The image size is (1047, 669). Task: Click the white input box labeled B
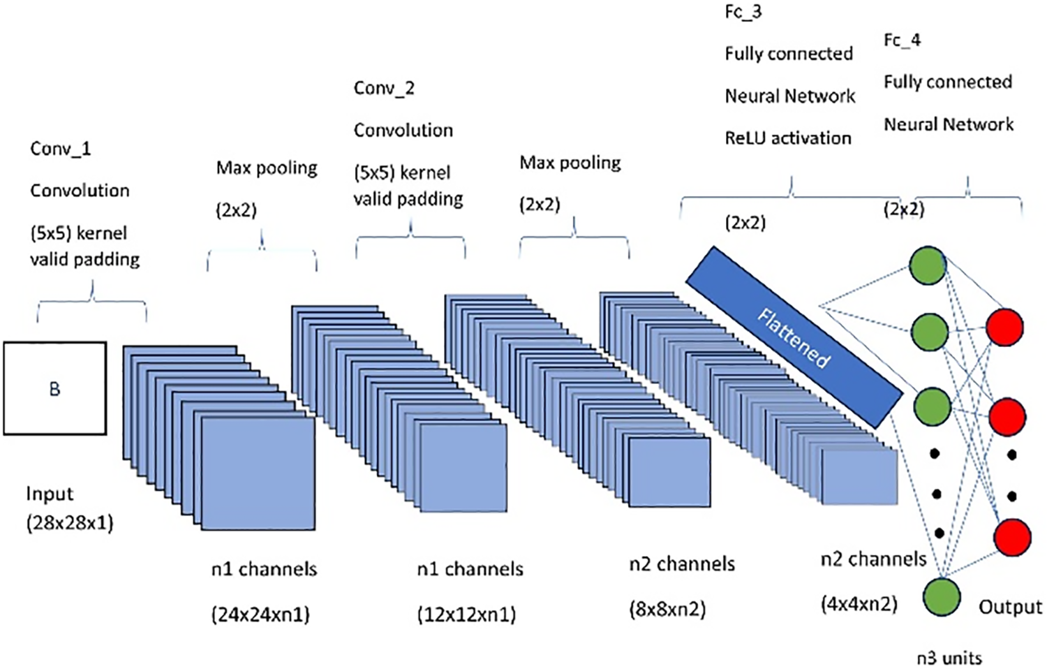(55, 388)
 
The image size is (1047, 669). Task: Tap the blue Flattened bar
(794, 337)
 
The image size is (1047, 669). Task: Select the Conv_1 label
(60, 149)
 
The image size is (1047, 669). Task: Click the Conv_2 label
(384, 88)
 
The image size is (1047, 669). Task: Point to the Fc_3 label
(743, 12)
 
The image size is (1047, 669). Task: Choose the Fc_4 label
(902, 40)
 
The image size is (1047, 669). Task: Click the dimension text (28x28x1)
(70, 523)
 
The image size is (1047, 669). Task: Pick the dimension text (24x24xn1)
(260, 615)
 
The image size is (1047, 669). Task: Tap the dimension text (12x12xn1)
(466, 615)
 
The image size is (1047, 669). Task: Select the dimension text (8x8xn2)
(667, 610)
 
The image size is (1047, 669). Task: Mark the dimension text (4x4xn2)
(859, 604)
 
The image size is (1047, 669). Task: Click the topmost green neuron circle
(928, 265)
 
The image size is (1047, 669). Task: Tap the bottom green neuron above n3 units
(942, 597)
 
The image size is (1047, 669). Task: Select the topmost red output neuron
(1004, 327)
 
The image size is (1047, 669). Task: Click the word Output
(1010, 607)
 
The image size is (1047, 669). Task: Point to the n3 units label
(949, 658)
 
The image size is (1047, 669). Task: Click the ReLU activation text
(788, 138)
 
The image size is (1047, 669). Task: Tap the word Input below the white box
(50, 494)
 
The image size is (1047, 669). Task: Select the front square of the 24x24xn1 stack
(258, 473)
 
